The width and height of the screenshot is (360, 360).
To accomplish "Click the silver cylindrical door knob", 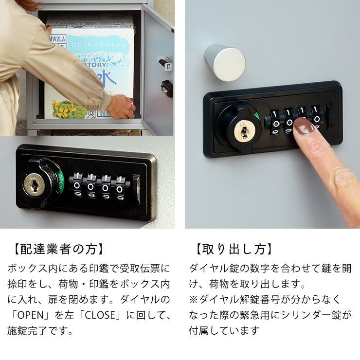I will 225,62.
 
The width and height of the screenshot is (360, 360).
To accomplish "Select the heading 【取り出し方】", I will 233,250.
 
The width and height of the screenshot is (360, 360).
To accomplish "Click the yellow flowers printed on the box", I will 64,108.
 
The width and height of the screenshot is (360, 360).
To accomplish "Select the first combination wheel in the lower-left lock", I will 77,186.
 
